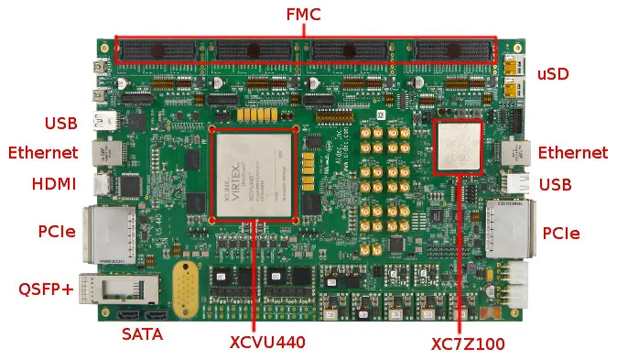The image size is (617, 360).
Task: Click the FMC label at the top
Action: (x=305, y=15)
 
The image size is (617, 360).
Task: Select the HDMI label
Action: (x=54, y=184)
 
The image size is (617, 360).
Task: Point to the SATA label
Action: (x=143, y=335)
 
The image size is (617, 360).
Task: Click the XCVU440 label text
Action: (x=267, y=344)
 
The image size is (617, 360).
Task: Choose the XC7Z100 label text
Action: (x=467, y=345)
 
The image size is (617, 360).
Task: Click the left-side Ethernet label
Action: (x=43, y=153)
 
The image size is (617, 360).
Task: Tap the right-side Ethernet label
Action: (x=572, y=153)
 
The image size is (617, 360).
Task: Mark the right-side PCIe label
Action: (x=560, y=234)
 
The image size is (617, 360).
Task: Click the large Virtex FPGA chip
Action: (x=254, y=174)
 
